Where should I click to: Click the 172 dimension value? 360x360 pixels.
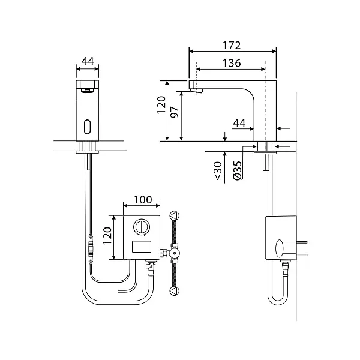tap(232, 46)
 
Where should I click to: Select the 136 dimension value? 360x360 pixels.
tap(232, 63)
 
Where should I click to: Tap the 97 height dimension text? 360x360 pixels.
tap(175, 112)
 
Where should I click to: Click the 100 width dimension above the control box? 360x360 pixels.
tap(143, 200)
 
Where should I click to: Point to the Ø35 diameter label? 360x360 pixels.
tap(237, 170)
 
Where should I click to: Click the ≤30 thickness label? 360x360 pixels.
tap(218, 170)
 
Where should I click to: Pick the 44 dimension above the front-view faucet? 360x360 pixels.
tap(88, 61)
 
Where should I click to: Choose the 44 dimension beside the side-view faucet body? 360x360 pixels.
tap(239, 123)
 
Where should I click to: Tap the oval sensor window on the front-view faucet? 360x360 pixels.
tap(88, 127)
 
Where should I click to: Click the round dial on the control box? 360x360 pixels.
tap(142, 227)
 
